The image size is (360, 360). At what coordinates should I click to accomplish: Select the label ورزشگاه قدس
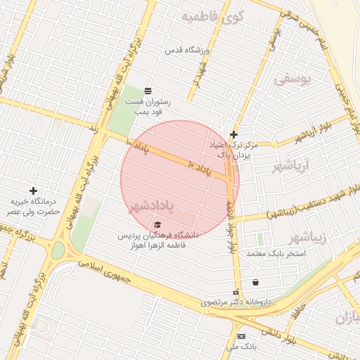pos(188,51)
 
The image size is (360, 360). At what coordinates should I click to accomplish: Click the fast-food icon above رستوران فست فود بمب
pos(148,91)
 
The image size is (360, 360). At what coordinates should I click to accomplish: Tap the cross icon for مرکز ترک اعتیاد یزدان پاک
pos(234,134)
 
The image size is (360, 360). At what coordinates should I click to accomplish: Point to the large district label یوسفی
pos(291,79)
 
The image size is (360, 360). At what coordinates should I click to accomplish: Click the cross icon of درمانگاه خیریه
pos(33,191)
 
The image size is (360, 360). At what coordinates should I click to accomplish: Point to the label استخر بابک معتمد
pos(276,252)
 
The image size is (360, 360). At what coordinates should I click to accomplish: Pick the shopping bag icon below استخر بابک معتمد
pos(255,282)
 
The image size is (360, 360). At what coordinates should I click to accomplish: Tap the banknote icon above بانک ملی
pos(241,336)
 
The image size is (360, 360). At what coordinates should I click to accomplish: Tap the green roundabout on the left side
pos(58,250)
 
